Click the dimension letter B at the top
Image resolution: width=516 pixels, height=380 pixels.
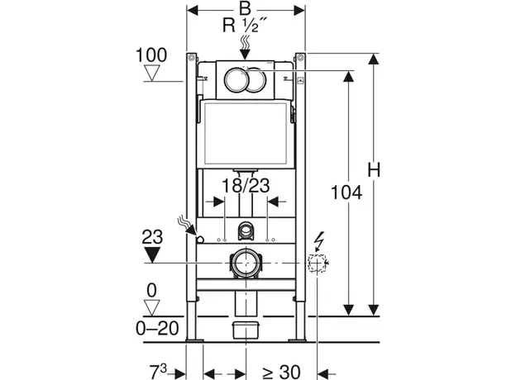[x=244, y=8]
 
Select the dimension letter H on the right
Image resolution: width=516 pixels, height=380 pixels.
[x=374, y=171]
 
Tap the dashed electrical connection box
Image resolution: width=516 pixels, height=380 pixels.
[x=316, y=264]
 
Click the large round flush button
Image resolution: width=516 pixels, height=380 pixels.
[x=237, y=80]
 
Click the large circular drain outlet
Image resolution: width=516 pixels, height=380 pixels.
[x=245, y=264]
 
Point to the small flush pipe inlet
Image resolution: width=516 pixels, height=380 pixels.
[x=245, y=230]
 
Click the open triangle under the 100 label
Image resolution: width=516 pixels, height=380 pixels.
[x=151, y=74]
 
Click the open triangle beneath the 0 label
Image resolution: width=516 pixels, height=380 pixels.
[x=150, y=307]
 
